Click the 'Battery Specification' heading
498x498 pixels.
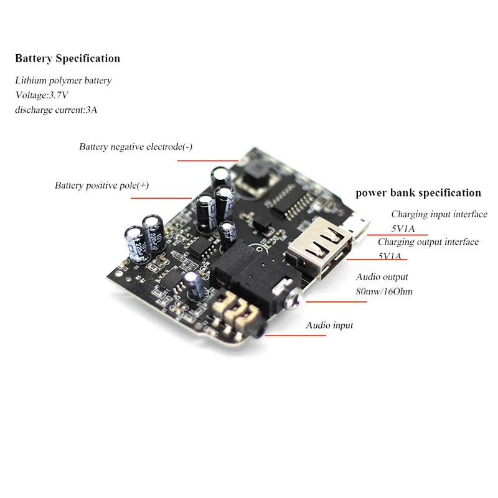pyautogui.click(x=68, y=59)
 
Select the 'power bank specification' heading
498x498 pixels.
pyautogui.click(x=418, y=193)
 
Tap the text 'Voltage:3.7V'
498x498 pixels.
pyautogui.click(x=42, y=95)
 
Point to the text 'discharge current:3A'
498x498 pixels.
pyautogui.click(x=56, y=110)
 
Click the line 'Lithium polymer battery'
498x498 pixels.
pyautogui.click(x=63, y=81)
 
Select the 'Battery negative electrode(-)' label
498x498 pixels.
pyautogui.click(x=136, y=147)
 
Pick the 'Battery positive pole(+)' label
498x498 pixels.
pyautogui.click(x=101, y=186)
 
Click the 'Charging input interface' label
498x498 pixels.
pyautogui.click(x=439, y=214)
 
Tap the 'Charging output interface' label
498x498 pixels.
pyautogui.click(x=428, y=242)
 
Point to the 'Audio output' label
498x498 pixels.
pyautogui.click(x=382, y=277)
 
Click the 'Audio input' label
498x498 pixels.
pyautogui.click(x=329, y=326)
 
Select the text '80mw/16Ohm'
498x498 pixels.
pyautogui.click(x=384, y=291)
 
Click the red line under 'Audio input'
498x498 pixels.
pyautogui.click(x=295, y=336)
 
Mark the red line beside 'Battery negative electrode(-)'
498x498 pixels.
pyautogui.click(x=208, y=161)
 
